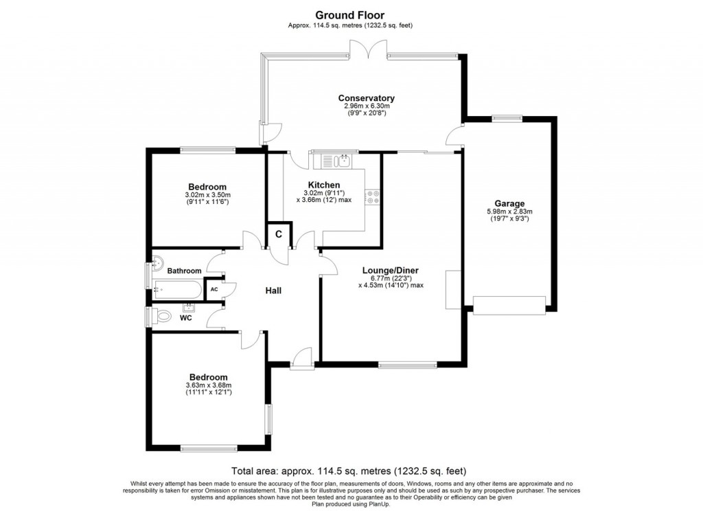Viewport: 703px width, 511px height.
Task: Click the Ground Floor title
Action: click(x=349, y=14)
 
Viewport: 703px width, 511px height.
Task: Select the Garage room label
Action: click(x=510, y=203)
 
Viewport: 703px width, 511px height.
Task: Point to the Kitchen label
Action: click(x=323, y=185)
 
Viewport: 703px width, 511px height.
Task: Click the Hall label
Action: click(x=273, y=291)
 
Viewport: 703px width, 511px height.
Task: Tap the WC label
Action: click(x=185, y=318)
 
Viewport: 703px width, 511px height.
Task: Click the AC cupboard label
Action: click(x=214, y=290)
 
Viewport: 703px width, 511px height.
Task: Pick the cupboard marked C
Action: click(x=279, y=234)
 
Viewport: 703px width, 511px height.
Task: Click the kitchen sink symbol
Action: click(x=341, y=162)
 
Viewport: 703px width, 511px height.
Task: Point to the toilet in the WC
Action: click(x=162, y=317)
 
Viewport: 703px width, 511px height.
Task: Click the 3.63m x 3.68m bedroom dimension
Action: click(x=208, y=386)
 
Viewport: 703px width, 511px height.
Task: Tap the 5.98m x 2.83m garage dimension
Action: click(x=509, y=212)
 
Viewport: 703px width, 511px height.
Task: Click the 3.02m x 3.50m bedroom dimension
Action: click(x=207, y=195)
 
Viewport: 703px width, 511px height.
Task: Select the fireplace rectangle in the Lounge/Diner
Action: click(x=453, y=289)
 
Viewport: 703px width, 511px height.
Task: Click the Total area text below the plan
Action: click(x=349, y=471)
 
